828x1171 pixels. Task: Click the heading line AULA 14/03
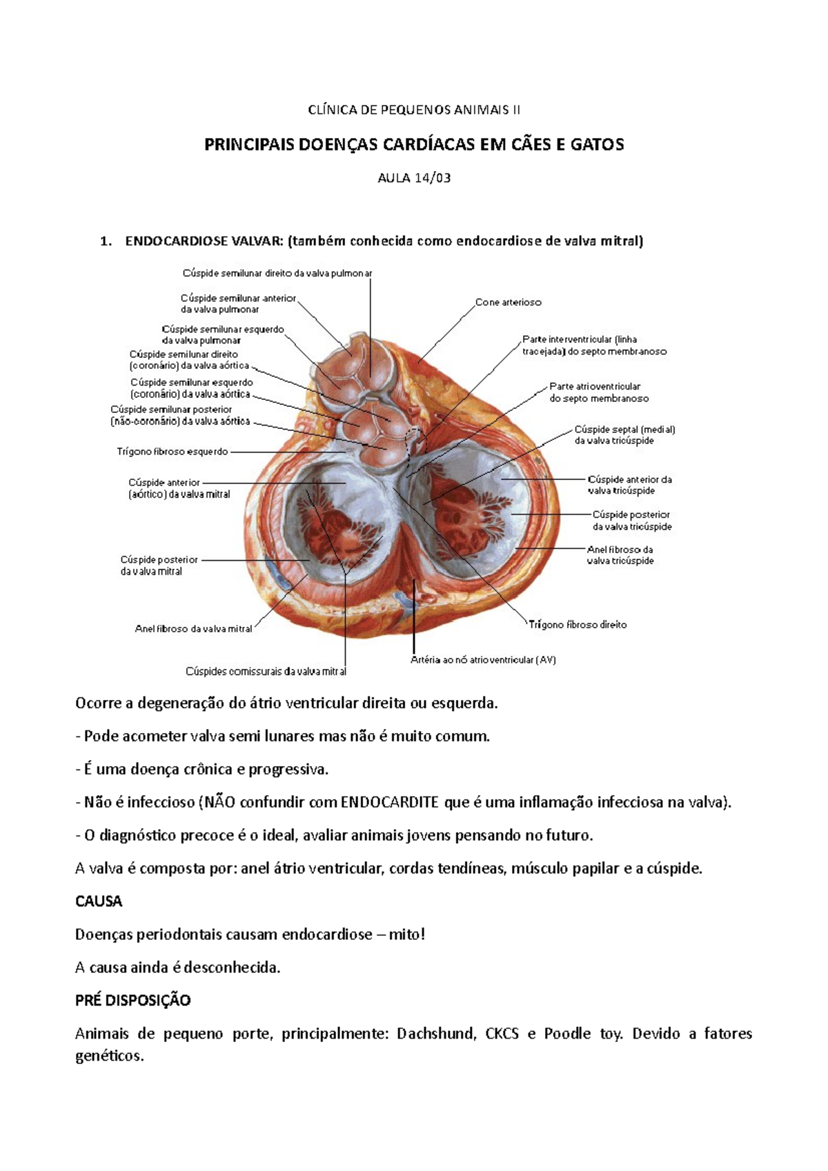pos(414,178)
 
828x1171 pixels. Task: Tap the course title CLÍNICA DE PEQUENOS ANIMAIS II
pos(414,110)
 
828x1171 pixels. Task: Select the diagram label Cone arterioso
pos(509,302)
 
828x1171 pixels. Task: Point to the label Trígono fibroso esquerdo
pos(172,452)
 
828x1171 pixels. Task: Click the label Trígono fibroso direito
pos(578,625)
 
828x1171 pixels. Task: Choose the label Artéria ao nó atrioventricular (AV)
pos(483,660)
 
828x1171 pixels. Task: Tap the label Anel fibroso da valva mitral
pos(194,629)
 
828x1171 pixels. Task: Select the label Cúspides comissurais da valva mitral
pos(266,671)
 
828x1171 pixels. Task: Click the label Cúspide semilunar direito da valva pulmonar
pos(277,273)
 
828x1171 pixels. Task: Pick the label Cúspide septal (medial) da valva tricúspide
pos(624,434)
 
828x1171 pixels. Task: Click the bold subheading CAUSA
pos(99,901)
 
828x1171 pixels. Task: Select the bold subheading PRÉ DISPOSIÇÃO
pos(132,1001)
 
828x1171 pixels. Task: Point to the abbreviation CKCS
pos(502,1034)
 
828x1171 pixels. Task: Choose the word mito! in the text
pos(407,934)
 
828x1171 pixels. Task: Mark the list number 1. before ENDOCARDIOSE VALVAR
pos(106,241)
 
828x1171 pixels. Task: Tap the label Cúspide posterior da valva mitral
pos(159,566)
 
